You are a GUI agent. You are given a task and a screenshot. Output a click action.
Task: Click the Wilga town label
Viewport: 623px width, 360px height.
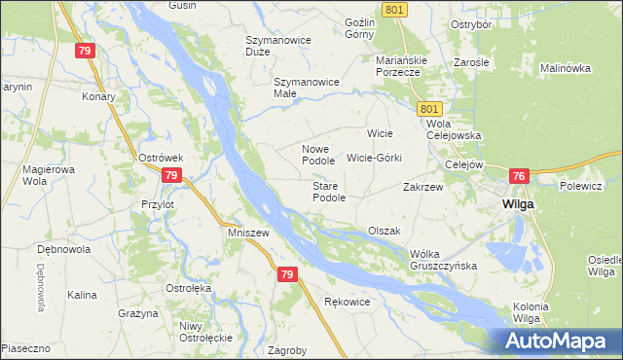click(515, 205)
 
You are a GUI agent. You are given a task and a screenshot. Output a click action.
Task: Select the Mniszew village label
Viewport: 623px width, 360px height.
click(246, 234)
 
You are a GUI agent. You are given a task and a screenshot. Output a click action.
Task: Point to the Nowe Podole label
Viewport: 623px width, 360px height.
click(318, 154)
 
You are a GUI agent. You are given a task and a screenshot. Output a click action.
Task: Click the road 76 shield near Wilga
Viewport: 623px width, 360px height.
click(518, 176)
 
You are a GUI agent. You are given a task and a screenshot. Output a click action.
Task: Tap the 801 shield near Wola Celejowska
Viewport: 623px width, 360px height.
click(433, 109)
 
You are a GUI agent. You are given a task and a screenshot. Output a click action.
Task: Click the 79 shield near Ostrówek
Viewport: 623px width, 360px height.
click(171, 175)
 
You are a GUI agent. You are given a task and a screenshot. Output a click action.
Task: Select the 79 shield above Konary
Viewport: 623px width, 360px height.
click(86, 51)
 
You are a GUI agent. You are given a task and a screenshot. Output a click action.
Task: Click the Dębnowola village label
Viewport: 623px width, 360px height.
click(63, 249)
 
